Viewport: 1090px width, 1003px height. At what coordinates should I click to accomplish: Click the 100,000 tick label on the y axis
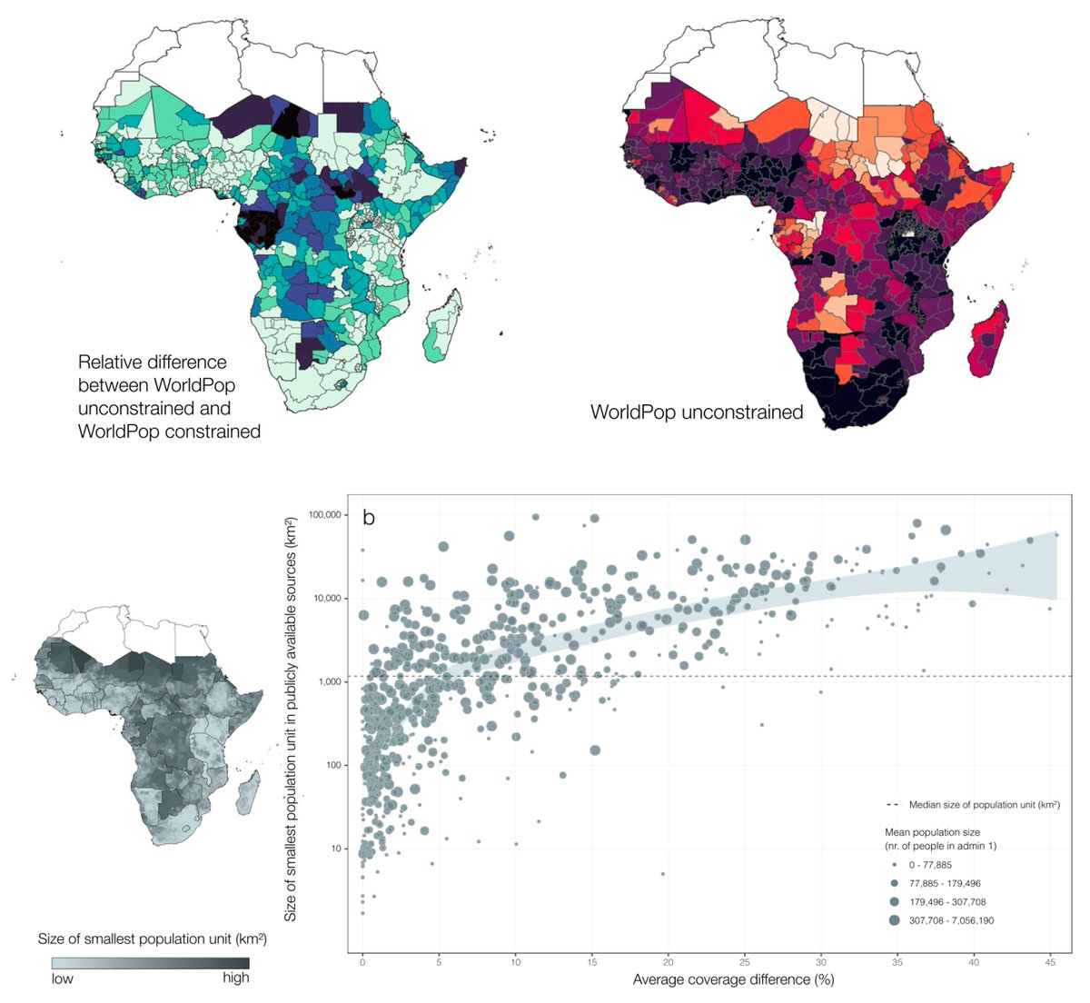[x=324, y=515]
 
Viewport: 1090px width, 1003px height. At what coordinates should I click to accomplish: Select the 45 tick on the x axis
[x=1050, y=960]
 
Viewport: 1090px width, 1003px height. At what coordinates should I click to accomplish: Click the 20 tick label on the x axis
[x=669, y=960]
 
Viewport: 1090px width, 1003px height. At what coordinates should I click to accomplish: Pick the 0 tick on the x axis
[x=362, y=960]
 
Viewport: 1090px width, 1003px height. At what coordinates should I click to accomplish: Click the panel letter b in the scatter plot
[x=370, y=518]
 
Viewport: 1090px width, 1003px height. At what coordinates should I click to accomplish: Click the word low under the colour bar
[x=63, y=978]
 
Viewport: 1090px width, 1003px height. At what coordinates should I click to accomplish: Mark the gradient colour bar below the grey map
[x=150, y=962]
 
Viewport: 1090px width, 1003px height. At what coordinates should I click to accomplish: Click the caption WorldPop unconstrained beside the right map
[x=697, y=412]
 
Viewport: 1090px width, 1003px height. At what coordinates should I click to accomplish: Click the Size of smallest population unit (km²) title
[x=152, y=938]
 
